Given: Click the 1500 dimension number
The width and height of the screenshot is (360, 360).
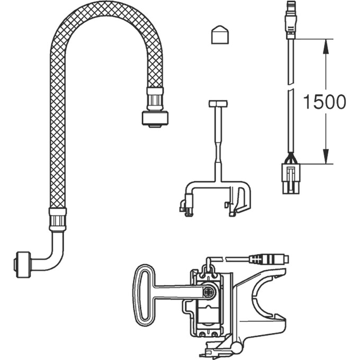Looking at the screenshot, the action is tap(324, 102).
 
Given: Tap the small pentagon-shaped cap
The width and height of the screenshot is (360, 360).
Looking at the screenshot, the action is tap(220, 34).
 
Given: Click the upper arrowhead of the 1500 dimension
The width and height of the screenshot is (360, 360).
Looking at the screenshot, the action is tap(326, 47).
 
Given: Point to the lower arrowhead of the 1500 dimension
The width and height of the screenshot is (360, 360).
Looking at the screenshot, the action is tap(326, 156).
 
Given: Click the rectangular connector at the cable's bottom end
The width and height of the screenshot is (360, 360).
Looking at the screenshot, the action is tap(291, 178).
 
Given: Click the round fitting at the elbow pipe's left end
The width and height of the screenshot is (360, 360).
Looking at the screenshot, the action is tap(23, 265).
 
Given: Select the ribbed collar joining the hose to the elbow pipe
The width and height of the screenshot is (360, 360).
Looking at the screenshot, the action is tap(58, 219).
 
